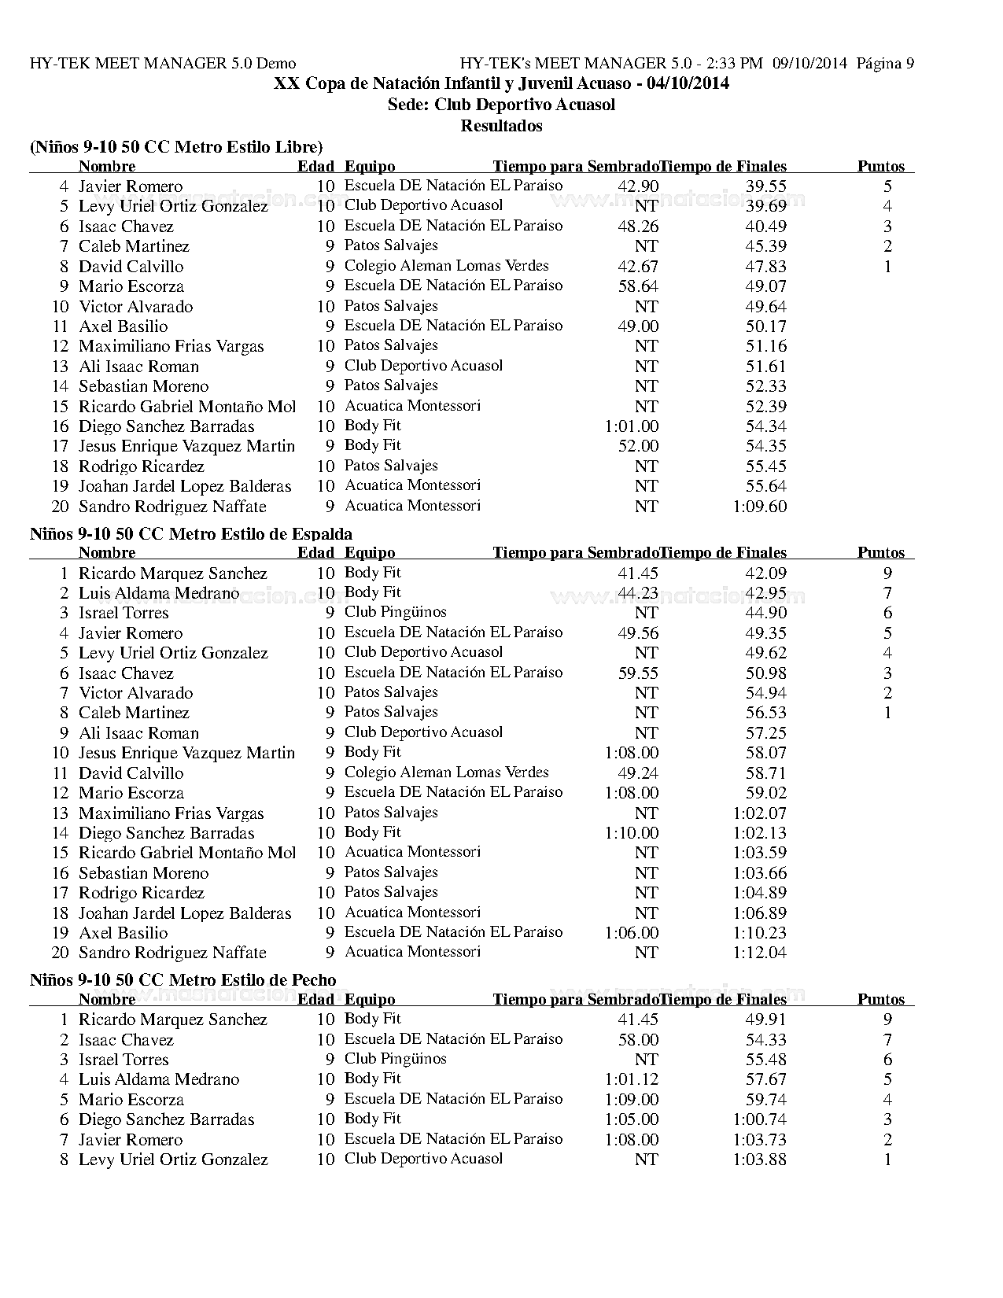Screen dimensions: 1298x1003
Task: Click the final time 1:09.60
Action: (759, 507)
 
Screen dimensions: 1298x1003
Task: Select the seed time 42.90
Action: (638, 186)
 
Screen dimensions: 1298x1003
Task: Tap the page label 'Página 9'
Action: (885, 63)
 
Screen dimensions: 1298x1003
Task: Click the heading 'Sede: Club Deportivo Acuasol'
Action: (501, 105)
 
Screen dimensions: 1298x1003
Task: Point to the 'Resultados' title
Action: (501, 126)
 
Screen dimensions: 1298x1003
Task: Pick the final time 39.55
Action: (766, 186)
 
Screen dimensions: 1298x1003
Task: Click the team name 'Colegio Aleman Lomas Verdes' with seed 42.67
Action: (446, 266)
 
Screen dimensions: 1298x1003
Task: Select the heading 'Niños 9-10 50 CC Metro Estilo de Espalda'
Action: (191, 534)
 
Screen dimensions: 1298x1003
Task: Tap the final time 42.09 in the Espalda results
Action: (766, 573)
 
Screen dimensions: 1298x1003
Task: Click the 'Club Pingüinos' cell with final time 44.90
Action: (395, 612)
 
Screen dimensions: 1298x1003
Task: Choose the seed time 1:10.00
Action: (632, 833)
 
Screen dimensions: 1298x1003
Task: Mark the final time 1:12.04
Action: (759, 953)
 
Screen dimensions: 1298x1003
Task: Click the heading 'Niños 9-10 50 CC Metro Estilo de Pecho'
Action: (183, 980)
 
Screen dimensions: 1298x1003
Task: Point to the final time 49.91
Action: (766, 1020)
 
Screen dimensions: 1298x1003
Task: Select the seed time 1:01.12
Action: (632, 1079)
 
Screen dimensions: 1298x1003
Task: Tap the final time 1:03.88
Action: (759, 1160)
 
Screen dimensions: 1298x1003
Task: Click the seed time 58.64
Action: (638, 286)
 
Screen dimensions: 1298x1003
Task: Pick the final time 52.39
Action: (766, 407)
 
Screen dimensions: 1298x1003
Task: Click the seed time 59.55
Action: (638, 673)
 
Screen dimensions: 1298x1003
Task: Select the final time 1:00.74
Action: (759, 1119)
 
